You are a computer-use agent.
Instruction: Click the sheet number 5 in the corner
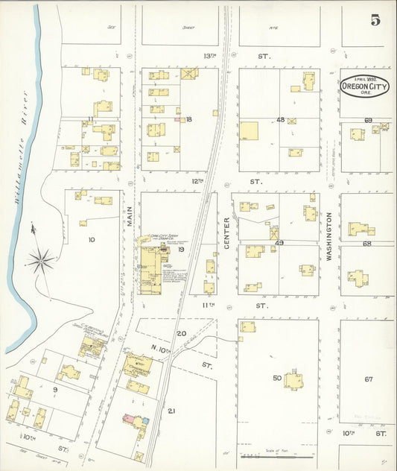coord(375,19)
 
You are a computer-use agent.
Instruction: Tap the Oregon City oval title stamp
coord(364,86)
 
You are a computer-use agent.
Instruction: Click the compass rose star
coord(41,260)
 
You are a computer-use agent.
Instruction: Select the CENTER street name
coord(227,232)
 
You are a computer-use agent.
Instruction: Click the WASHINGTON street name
coord(328,235)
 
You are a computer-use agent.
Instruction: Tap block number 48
coord(280,119)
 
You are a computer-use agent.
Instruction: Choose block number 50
coord(276,379)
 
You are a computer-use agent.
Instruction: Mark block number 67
coord(368,379)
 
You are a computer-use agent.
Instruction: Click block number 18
coord(189,119)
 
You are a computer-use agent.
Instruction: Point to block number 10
coord(91,240)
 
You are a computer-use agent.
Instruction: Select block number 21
coord(171,411)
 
